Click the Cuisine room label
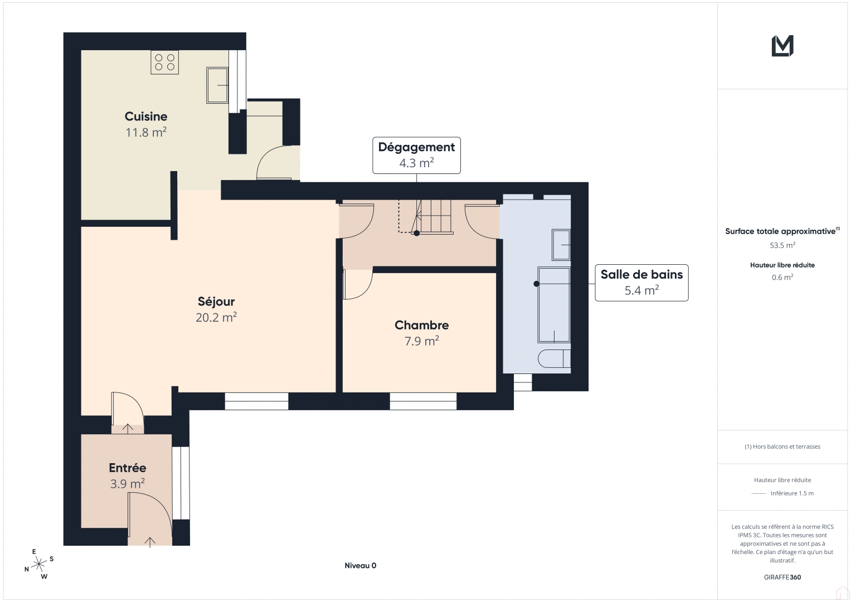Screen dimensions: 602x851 (146, 116)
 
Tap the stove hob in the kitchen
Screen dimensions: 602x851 (164, 62)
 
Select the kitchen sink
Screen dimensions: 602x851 (217, 85)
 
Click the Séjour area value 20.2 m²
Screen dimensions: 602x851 (216, 317)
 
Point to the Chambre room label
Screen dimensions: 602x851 (421, 325)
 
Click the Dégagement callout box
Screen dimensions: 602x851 (416, 155)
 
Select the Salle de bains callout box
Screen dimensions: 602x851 (641, 283)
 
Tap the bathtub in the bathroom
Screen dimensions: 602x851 (553, 305)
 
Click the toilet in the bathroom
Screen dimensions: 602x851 (555, 358)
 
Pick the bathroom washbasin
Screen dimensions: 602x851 (561, 245)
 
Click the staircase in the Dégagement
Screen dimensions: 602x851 (434, 216)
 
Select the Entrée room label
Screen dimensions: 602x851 (128, 468)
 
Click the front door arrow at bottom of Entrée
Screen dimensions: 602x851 (150, 541)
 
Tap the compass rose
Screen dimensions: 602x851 (39, 564)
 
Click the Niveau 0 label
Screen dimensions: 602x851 (360, 565)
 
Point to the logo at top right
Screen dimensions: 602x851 (782, 46)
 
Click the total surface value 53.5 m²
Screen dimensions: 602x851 (782, 245)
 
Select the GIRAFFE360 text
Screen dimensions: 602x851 (782, 577)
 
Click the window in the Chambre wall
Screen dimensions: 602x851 (423, 401)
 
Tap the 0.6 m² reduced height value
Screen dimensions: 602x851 (782, 277)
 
